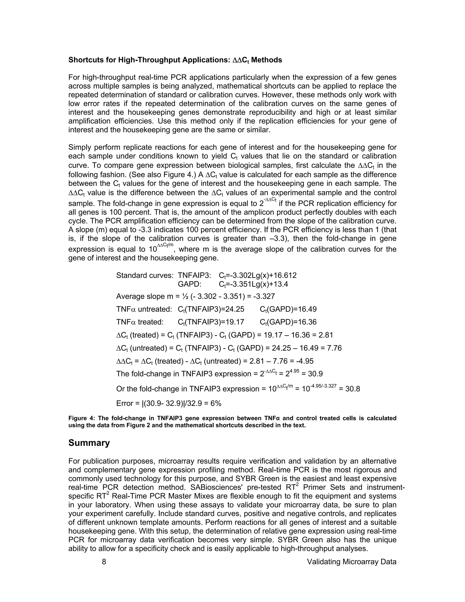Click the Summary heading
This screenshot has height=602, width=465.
point(89,443)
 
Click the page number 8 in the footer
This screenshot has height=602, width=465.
point(104,562)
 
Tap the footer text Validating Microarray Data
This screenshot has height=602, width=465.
point(351,562)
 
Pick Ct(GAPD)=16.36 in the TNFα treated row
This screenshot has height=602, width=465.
point(288,322)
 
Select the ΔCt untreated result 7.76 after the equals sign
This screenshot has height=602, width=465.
point(334,348)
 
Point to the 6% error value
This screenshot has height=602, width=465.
point(216,403)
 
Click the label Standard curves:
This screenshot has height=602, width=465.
point(145,275)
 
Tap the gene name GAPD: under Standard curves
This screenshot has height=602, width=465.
point(190,284)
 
